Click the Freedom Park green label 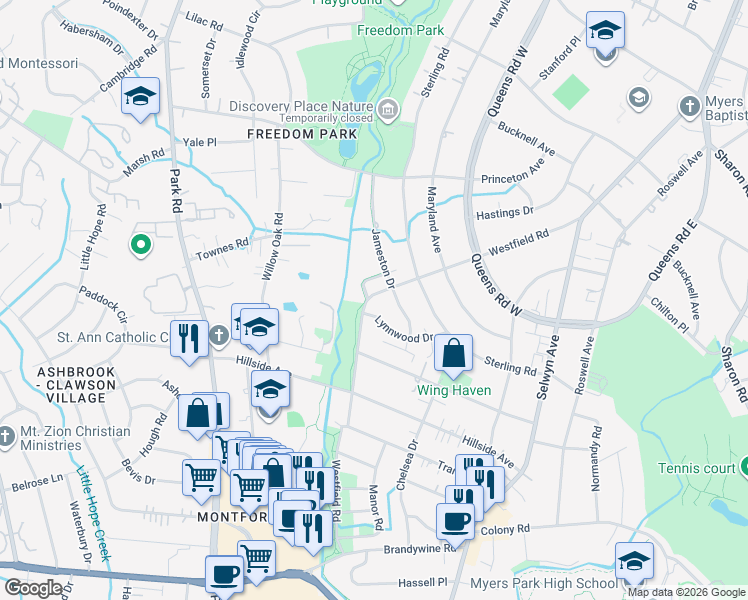click(400, 31)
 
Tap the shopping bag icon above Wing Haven click(454, 353)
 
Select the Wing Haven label click(454, 390)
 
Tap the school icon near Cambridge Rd click(141, 97)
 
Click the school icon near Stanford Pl click(605, 32)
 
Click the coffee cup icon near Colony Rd click(455, 521)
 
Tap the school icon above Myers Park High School click(634, 562)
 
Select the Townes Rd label click(226, 244)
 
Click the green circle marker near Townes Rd click(141, 243)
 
